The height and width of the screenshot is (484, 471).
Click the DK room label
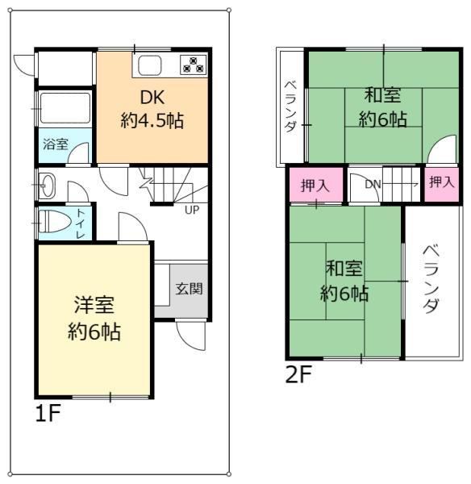[152, 98]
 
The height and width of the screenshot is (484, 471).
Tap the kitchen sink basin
[150, 66]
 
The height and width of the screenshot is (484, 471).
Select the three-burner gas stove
[194, 65]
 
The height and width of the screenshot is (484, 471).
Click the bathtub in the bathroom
[65, 108]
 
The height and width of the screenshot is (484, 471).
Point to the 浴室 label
[56, 144]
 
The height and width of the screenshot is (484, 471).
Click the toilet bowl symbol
[55, 221]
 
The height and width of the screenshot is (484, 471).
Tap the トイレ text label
[81, 223]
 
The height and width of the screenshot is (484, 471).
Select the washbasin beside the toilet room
[47, 186]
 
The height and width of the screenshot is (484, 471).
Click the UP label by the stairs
[192, 211]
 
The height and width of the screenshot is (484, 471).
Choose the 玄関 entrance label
[190, 289]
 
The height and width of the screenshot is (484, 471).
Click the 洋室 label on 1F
[94, 305]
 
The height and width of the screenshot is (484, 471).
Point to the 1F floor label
[48, 414]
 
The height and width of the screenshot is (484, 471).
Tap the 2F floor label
[298, 374]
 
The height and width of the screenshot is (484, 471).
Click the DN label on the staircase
[373, 184]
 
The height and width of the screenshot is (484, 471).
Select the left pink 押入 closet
[316, 186]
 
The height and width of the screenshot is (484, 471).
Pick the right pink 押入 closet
[442, 184]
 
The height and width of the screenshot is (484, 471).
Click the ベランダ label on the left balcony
[290, 106]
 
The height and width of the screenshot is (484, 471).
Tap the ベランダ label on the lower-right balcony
[431, 279]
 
